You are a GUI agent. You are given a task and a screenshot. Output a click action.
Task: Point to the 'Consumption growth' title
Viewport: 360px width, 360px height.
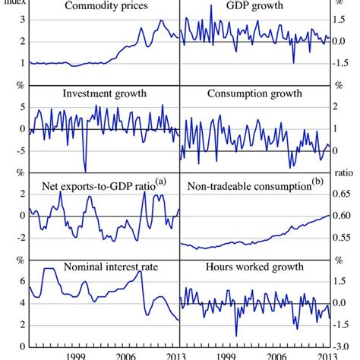pyautogui.click(x=254, y=94)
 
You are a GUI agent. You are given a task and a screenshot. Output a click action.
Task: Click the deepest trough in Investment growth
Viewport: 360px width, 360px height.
pyautogui.click(x=85, y=170)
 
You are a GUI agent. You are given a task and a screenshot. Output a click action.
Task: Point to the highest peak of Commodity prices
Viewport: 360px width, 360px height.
pyautogui.click(x=160, y=21)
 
